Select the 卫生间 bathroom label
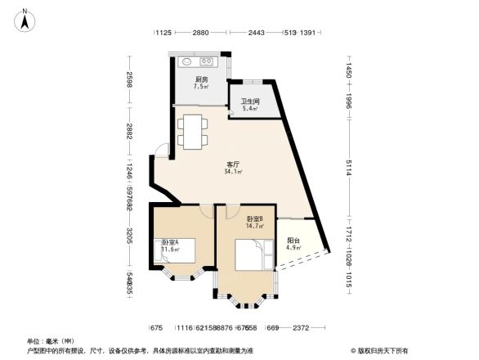point(248,101)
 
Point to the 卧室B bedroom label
point(255,218)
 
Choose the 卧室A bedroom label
point(170,242)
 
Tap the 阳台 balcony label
point(293,240)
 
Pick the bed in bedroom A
point(178,251)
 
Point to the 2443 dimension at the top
point(257,33)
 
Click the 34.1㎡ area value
point(232,173)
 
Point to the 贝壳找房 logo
point(382,350)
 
